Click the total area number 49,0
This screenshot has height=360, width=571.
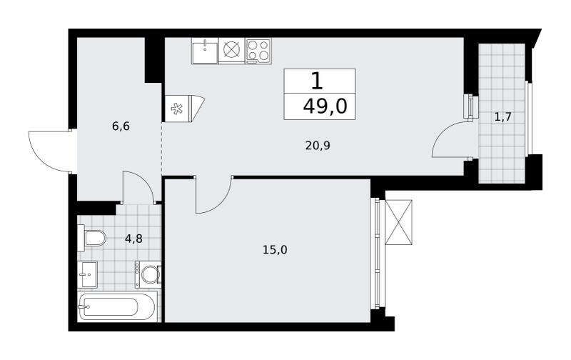point(325,107)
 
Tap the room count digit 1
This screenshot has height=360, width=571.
point(317,81)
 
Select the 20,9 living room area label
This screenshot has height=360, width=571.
point(318,146)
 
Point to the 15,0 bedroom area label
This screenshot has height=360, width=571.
point(275,250)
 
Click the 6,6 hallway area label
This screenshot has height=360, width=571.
point(121,127)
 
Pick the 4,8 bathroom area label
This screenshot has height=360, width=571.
point(133,239)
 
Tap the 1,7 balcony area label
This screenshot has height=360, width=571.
point(503,117)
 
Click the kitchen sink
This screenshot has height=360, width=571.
point(205,51)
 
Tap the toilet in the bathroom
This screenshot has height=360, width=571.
point(91,239)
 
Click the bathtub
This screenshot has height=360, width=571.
point(116,306)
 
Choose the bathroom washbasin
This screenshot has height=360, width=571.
point(87,274)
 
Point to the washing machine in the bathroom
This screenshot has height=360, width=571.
point(148,274)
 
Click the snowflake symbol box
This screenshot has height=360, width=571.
point(177,109)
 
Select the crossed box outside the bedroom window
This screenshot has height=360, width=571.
point(398,222)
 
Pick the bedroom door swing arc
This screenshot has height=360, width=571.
point(220,201)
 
